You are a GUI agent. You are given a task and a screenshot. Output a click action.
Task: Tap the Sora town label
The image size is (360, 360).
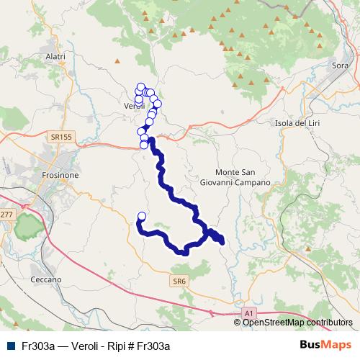[341, 66]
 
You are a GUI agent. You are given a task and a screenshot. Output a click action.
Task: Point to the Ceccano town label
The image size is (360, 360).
[46, 279]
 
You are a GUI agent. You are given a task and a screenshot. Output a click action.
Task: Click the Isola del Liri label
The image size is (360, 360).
[297, 122]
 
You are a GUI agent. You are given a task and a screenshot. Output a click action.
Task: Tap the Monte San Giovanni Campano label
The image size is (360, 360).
[243, 178]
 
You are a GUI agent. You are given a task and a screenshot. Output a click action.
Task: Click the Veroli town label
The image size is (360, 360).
[135, 106]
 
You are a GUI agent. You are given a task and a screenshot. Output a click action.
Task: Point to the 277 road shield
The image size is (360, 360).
[6, 215]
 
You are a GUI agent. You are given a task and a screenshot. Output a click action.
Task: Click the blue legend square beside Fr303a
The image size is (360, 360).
[9, 346]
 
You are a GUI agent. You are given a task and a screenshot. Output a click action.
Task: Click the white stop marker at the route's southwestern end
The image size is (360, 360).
[141, 216]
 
